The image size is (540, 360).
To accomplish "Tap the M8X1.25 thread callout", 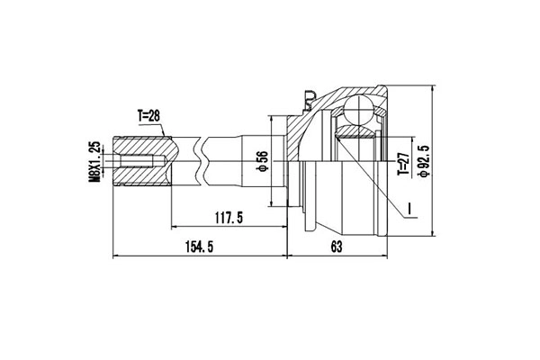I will click(x=94, y=162).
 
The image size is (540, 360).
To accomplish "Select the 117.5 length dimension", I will click(x=229, y=217).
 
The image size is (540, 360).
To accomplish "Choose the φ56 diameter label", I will click(x=262, y=161).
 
